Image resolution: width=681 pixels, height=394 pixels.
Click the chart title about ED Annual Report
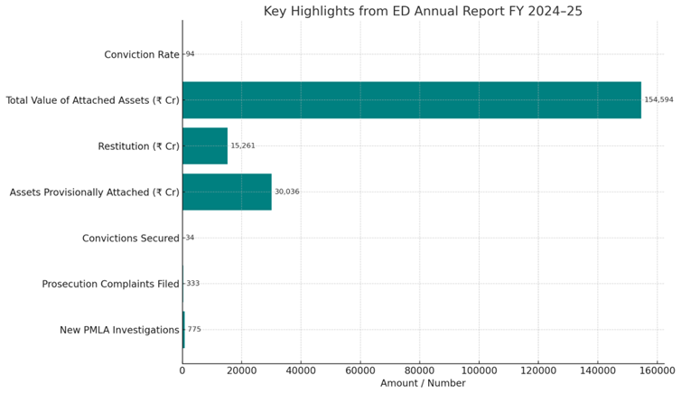(x=424, y=11)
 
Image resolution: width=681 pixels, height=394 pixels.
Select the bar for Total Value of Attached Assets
(x=411, y=99)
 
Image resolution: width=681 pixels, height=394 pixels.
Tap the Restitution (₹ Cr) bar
(x=205, y=145)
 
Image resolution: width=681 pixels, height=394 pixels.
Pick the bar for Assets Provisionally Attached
(x=227, y=192)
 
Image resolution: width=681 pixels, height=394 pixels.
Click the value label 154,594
(x=658, y=99)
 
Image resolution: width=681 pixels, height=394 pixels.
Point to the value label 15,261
(x=243, y=145)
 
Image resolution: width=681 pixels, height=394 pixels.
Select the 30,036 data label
(x=286, y=192)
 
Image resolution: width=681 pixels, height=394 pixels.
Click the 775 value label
(x=194, y=330)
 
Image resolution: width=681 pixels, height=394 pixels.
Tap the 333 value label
(x=192, y=284)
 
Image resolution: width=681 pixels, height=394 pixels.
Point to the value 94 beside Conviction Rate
(x=190, y=54)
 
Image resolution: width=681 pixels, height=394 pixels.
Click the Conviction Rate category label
(x=142, y=54)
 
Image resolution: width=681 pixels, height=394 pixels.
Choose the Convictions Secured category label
(x=130, y=238)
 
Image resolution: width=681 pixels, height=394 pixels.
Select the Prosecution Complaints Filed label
(x=110, y=284)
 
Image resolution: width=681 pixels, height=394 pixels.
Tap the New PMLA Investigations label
(x=119, y=330)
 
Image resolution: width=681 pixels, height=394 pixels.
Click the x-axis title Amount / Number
(x=423, y=384)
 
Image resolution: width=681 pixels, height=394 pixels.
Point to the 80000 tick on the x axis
(x=419, y=369)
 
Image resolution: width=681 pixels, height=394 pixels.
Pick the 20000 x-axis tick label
(x=241, y=369)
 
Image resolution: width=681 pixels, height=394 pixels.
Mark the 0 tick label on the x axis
(x=182, y=369)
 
